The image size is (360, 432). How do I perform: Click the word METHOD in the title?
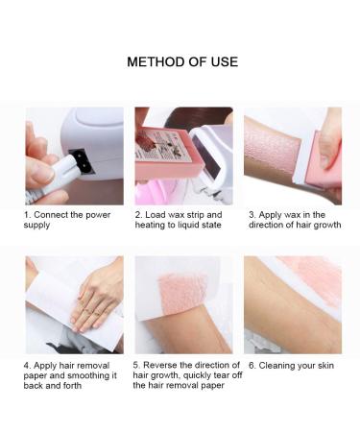(156, 62)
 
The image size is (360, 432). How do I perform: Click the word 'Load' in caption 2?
(156, 214)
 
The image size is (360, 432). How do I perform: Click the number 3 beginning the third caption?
(252, 214)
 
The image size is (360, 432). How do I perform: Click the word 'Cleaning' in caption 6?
(278, 366)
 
